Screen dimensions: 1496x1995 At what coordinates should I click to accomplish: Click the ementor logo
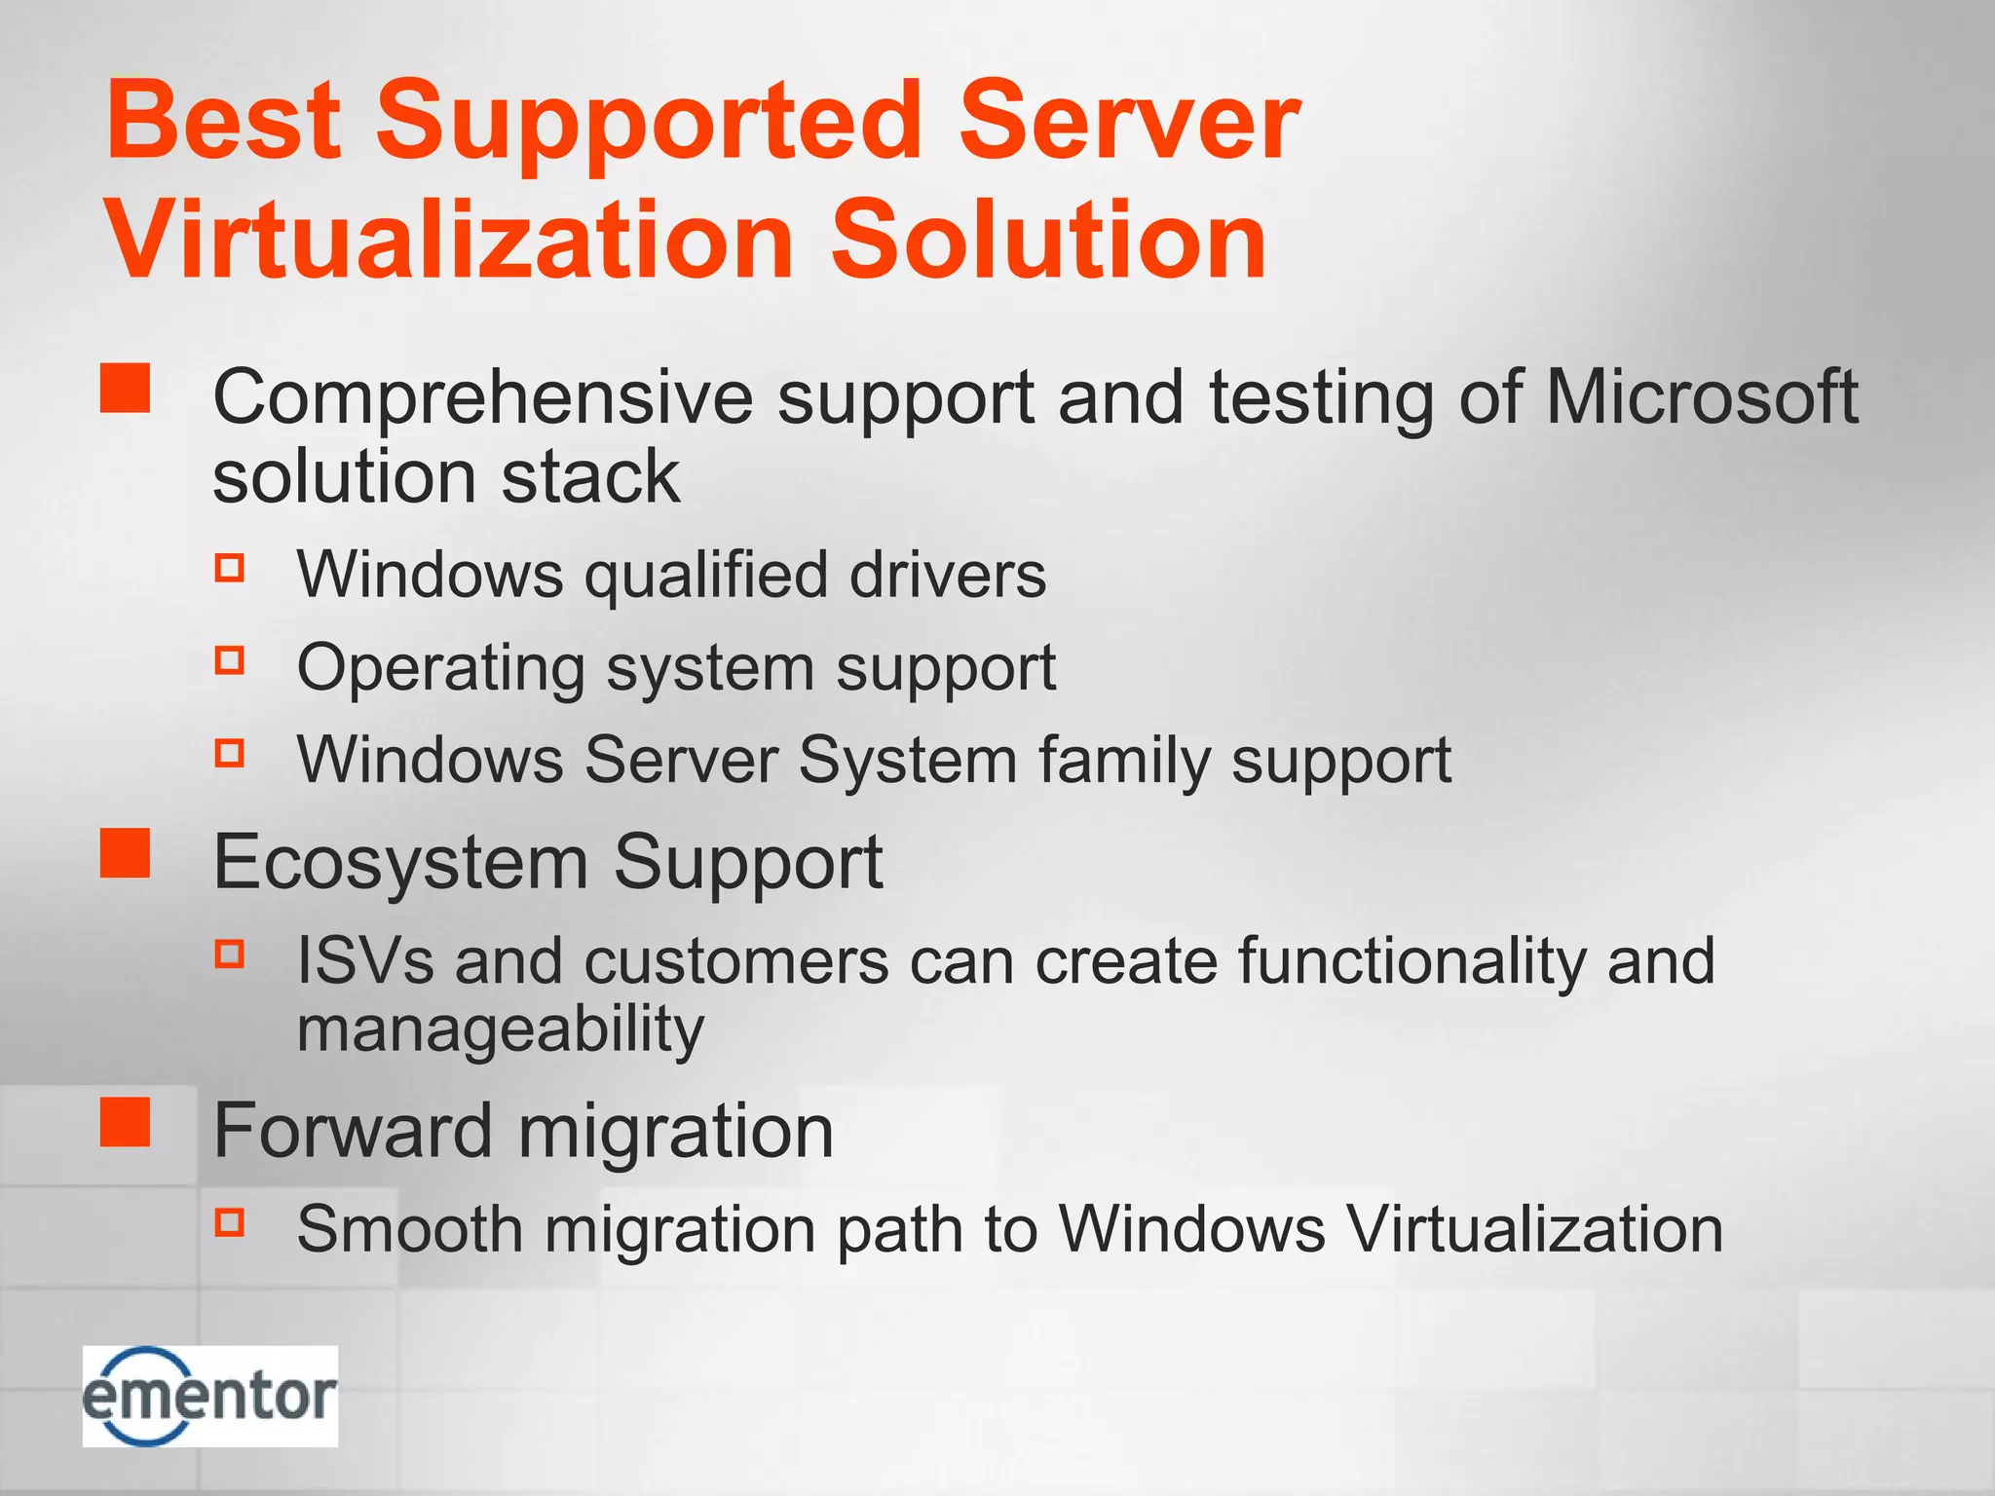click(209, 1396)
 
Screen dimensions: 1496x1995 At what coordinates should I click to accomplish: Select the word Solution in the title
click(1047, 240)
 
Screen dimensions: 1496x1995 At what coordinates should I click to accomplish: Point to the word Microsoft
click(1701, 397)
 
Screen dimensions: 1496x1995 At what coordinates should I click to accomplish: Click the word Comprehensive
click(482, 399)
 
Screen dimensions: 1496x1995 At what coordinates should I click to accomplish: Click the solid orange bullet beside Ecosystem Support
click(126, 853)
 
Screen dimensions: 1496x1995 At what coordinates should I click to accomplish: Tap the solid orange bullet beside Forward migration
click(126, 1122)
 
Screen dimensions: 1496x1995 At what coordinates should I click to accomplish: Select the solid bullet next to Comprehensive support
click(126, 389)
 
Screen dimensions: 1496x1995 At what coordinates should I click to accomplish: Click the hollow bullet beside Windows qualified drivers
click(230, 568)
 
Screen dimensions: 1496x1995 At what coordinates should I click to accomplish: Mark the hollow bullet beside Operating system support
click(230, 661)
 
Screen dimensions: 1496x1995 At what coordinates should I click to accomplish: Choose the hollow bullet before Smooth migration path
click(230, 1221)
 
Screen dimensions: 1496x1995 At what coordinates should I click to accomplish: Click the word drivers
click(947, 575)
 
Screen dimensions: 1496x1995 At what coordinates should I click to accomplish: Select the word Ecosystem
click(400, 864)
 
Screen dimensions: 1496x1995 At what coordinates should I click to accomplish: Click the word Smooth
click(409, 1229)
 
